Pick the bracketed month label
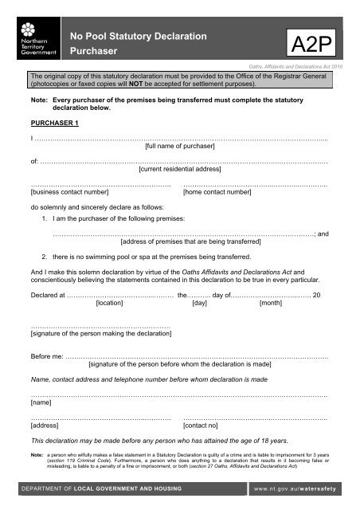tap(272, 304)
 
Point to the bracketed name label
tap(40, 403)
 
